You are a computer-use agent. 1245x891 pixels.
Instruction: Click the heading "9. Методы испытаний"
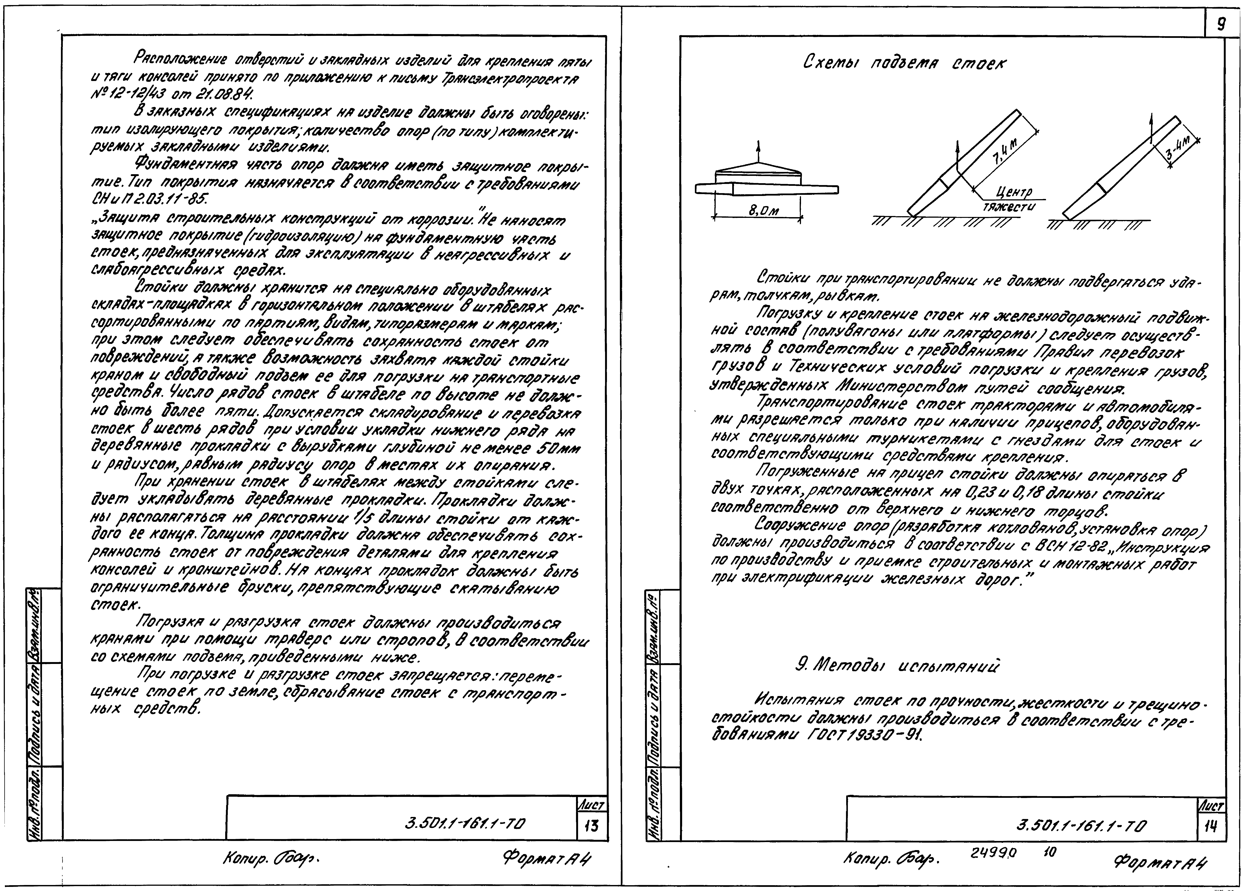[x=897, y=666]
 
